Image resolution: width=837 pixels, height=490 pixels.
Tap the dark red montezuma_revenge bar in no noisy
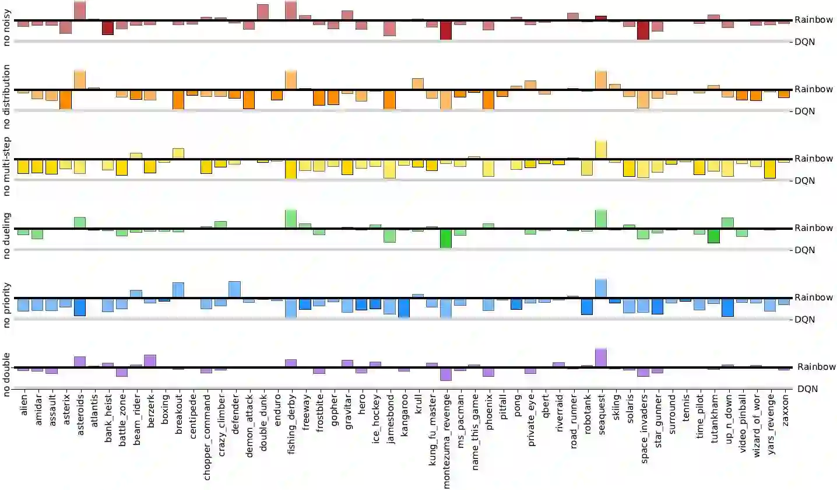pyautogui.click(x=446, y=30)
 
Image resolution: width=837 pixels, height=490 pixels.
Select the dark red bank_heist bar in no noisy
pyautogui.click(x=108, y=27)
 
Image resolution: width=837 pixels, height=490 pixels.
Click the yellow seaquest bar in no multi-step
pyautogui.click(x=601, y=149)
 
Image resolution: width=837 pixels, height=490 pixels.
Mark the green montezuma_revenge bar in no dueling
pyautogui.click(x=446, y=238)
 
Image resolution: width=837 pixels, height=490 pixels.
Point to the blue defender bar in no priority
pyautogui.click(x=234, y=289)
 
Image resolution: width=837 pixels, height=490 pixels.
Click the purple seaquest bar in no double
pyautogui.click(x=601, y=358)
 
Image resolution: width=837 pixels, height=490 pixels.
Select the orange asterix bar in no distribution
pyautogui.click(x=65, y=99)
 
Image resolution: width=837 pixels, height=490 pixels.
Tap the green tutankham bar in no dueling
pyautogui.click(x=713, y=236)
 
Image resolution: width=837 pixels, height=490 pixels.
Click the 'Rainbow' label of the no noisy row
pyautogui.click(x=814, y=20)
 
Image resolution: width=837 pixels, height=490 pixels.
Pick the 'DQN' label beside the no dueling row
pyautogui.click(x=805, y=250)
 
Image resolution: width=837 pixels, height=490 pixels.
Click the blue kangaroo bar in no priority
pyautogui.click(x=403, y=307)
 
